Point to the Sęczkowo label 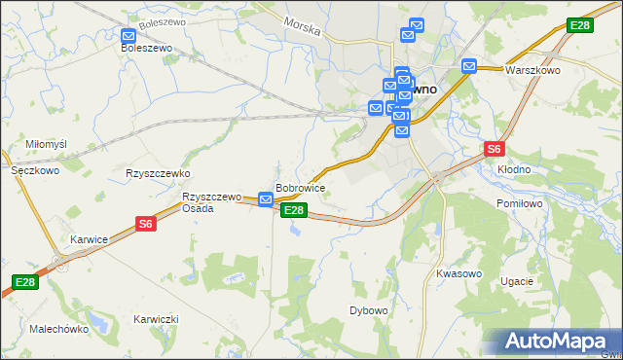click(35, 169)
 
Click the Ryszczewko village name click(157, 173)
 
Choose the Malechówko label click(59, 329)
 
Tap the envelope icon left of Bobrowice click(265, 199)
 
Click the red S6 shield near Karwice click(145, 224)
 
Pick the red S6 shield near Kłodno click(495, 149)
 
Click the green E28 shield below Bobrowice click(294, 210)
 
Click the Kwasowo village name click(459, 273)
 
